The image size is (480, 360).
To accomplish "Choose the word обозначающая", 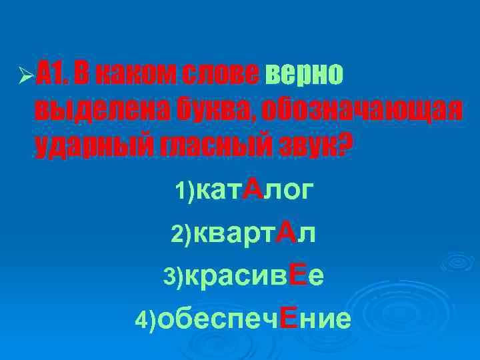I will point(361,111).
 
